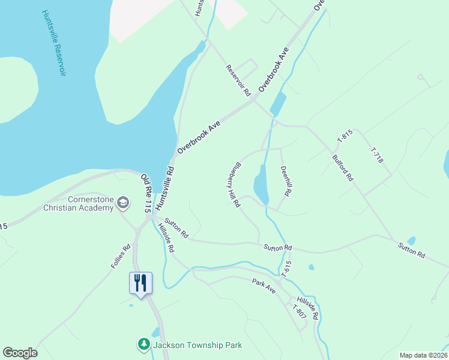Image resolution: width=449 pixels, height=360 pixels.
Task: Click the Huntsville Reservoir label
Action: [x=54, y=43]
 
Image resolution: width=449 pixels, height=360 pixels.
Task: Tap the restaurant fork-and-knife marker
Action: [x=140, y=281]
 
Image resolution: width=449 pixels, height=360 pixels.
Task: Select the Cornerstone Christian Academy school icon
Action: [x=123, y=203]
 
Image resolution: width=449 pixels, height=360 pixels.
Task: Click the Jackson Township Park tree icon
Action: [x=144, y=344]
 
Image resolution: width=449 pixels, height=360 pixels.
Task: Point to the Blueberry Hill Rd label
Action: [x=234, y=185]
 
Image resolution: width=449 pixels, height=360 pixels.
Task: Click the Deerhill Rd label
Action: [x=286, y=182]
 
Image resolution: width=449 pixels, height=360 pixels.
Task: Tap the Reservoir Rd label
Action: [x=238, y=81]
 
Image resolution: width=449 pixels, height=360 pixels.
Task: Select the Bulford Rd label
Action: [x=343, y=169]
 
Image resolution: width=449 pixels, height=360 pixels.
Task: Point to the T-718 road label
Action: [x=376, y=155]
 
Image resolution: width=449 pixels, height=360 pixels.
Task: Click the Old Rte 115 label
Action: [x=145, y=194]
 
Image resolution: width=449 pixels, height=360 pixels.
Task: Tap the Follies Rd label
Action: [x=121, y=256]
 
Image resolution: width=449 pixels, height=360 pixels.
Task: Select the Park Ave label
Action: [x=264, y=286]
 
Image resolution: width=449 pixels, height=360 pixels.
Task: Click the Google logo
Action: [x=20, y=353]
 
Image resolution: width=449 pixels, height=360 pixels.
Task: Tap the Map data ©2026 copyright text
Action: [x=423, y=355]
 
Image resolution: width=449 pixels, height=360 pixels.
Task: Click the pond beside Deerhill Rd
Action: [x=261, y=185]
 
